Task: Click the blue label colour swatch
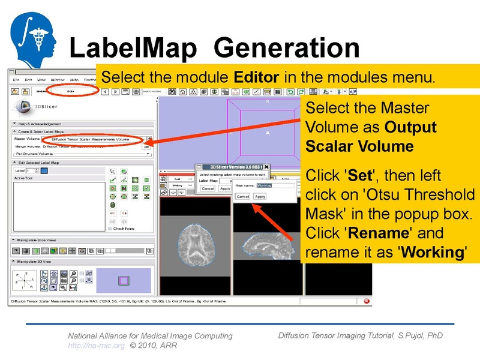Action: tap(44, 171)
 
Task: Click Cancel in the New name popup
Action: tap(242, 196)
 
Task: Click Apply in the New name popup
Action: tap(260, 196)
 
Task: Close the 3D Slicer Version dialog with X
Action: tap(266, 167)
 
